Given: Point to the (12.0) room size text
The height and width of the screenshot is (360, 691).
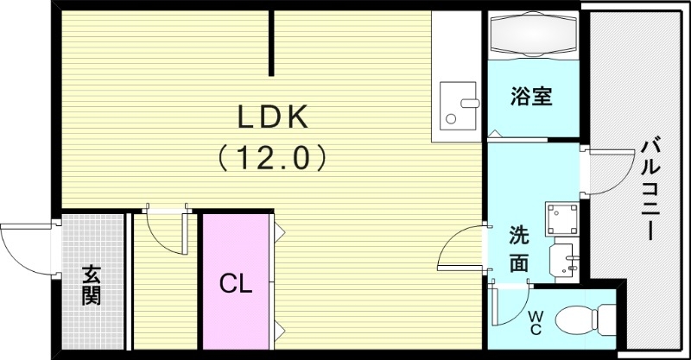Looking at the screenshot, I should point(271,157).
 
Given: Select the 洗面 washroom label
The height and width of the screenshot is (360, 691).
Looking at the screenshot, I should point(518,249).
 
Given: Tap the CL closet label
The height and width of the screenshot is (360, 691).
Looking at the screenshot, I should point(235,282).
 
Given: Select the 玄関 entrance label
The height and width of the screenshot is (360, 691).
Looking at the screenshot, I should point(92,285).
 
